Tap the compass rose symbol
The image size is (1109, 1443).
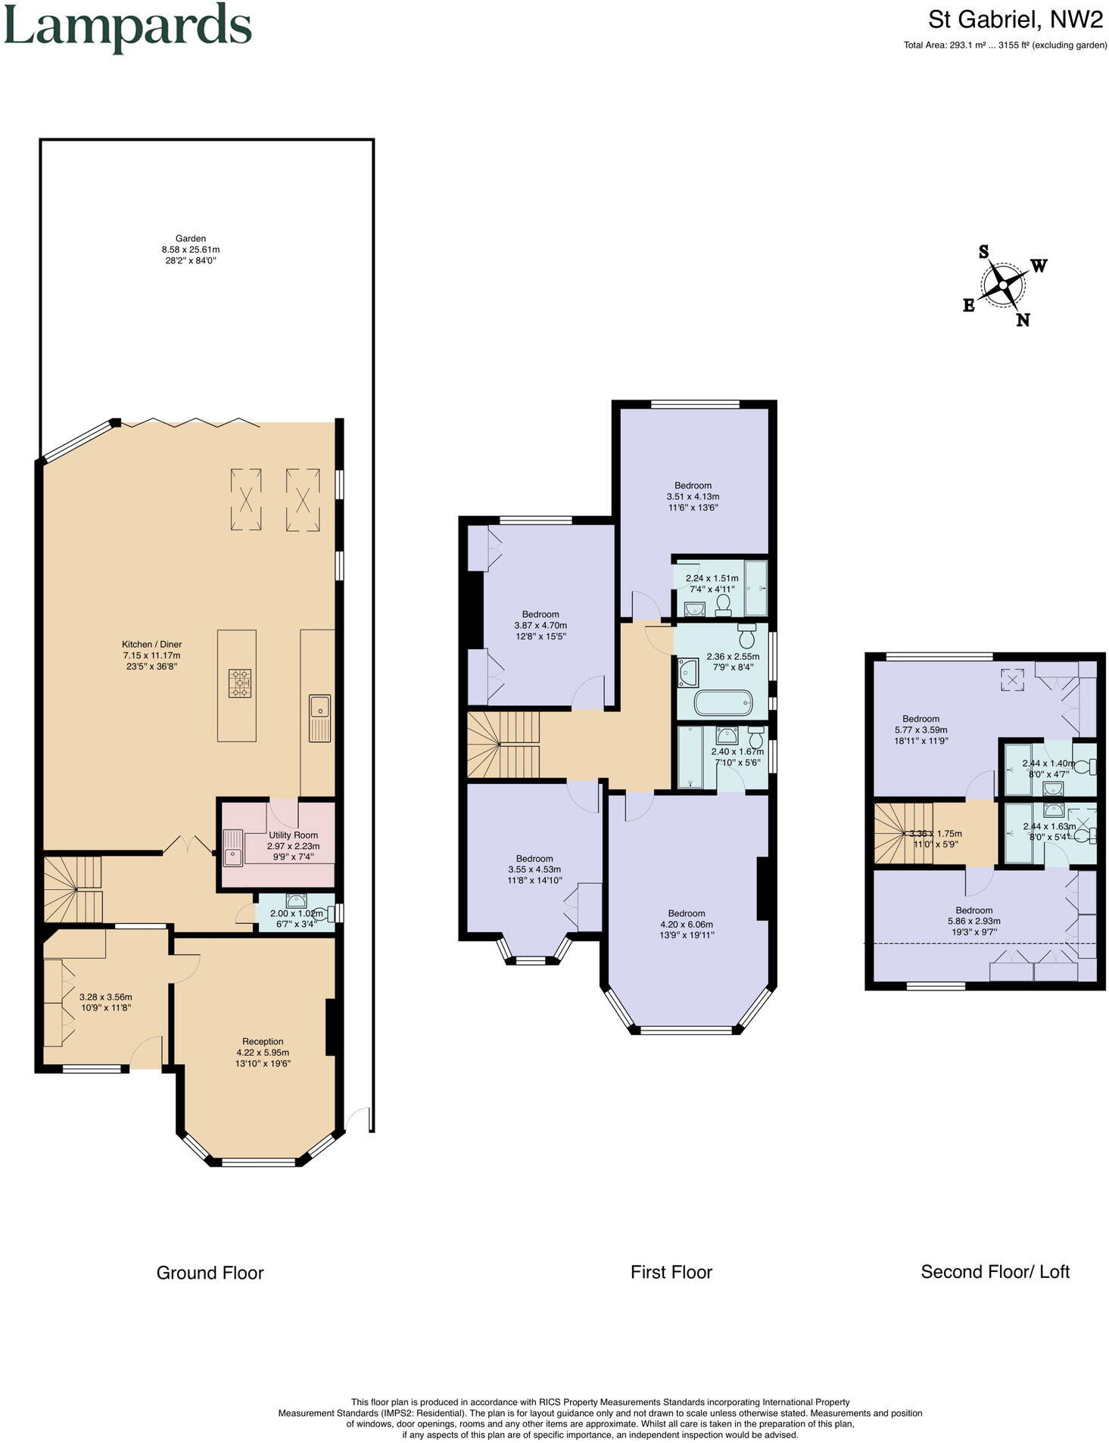(x=1004, y=285)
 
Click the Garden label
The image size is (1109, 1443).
(x=190, y=238)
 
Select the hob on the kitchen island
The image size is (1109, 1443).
(x=241, y=683)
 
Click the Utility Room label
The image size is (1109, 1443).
(x=293, y=835)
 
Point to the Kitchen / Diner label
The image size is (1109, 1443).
(x=152, y=645)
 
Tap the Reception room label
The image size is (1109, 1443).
(x=263, y=1041)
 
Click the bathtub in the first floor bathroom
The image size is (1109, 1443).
(x=723, y=703)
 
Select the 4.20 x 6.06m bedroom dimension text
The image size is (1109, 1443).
(x=687, y=924)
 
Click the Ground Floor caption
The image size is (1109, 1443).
(x=210, y=1273)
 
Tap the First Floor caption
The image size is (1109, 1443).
(x=671, y=1272)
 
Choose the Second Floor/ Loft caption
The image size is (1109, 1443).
(x=995, y=1271)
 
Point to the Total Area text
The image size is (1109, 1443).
(x=1005, y=45)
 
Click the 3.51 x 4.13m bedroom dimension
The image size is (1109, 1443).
(x=693, y=496)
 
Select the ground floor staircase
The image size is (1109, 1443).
(x=73, y=889)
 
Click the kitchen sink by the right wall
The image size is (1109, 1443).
(x=319, y=708)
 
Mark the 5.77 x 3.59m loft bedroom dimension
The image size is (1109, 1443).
(x=921, y=729)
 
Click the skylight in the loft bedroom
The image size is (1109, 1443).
(x=1011, y=680)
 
